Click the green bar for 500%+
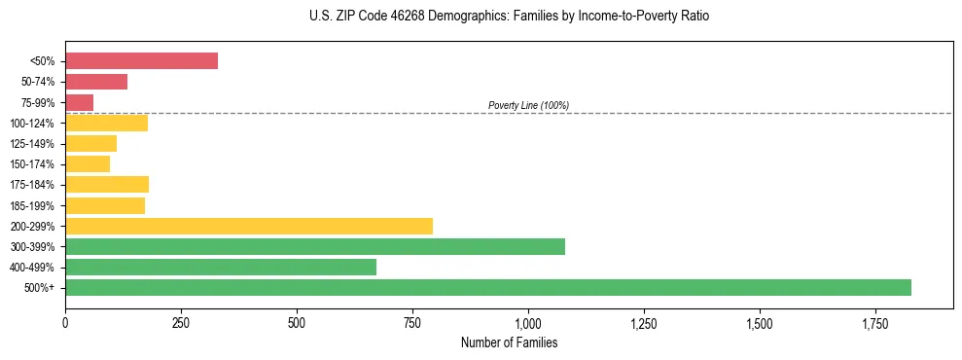(487, 287)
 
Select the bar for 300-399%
(314, 246)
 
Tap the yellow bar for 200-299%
(248, 226)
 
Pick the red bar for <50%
(141, 60)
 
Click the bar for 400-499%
(220, 267)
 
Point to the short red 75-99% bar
(79, 102)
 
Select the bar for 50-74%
(96, 82)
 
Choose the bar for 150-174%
(88, 163)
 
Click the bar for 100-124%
(106, 123)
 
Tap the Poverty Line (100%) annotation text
(528, 105)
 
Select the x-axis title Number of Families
(509, 342)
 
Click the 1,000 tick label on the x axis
(528, 323)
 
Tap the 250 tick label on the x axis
(181, 323)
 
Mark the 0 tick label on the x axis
(65, 323)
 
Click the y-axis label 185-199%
(32, 205)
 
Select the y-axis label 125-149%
(32, 144)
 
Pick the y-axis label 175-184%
(32, 185)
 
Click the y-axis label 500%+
(40, 288)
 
